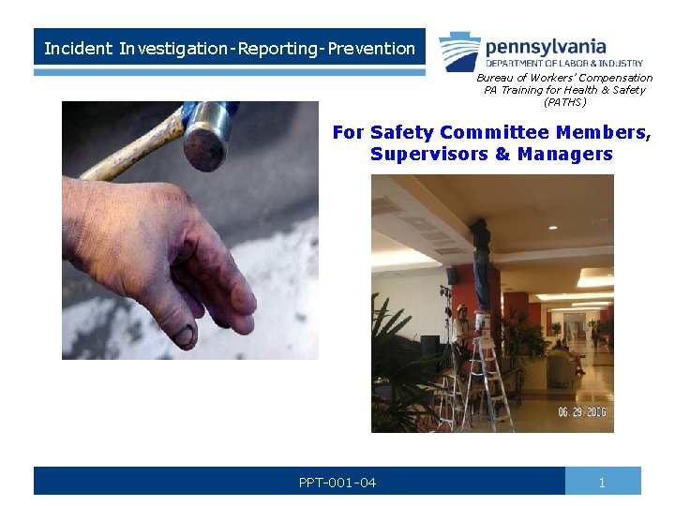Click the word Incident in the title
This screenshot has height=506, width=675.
click(79, 48)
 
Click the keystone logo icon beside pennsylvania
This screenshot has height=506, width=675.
click(459, 51)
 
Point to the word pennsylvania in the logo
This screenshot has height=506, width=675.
click(546, 46)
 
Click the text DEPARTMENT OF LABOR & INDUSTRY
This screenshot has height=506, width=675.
click(564, 63)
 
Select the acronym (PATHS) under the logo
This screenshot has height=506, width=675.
click(564, 101)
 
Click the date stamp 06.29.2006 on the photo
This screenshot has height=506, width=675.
click(581, 411)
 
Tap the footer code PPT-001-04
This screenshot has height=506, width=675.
click(337, 483)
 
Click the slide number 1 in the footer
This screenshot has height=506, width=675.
click(603, 483)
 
